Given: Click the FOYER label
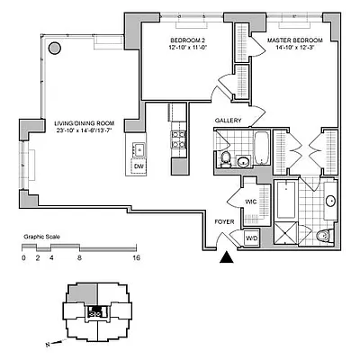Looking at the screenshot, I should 223,220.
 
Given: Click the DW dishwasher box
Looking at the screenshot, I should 139,167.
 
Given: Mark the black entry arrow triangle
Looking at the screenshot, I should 227,258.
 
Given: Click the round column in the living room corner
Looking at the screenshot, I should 54,46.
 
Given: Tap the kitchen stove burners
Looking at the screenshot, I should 176,141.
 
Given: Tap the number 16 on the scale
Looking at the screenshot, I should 135,257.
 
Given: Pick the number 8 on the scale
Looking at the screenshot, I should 80,257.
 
